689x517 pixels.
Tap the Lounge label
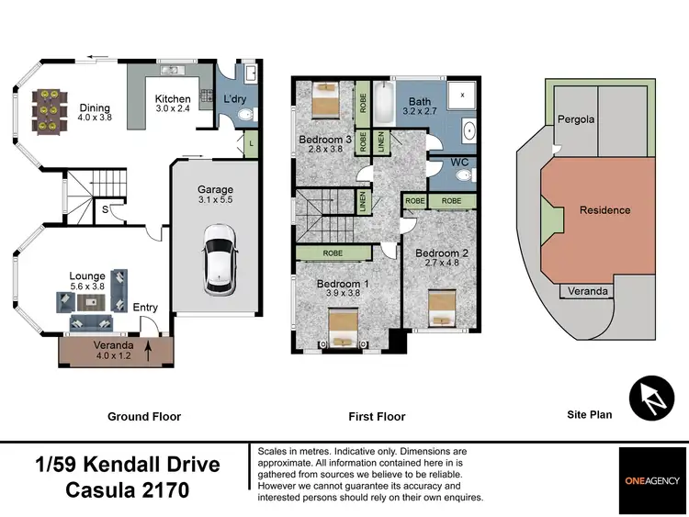point(87,275)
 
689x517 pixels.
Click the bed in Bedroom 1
point(344,328)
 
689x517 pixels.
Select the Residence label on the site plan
point(605,210)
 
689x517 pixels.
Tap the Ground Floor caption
point(144,416)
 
